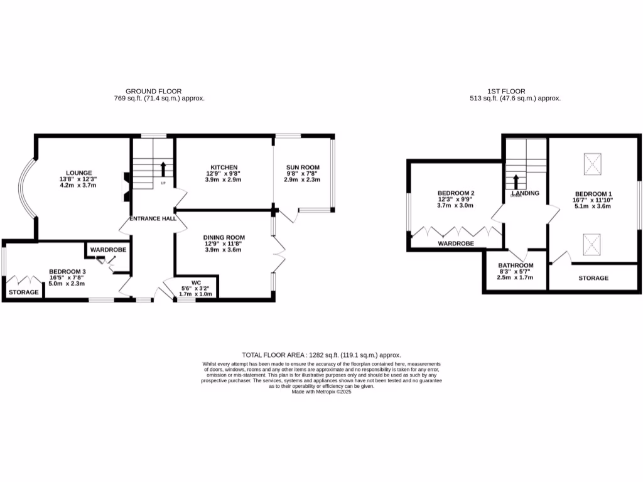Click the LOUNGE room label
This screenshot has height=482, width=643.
[80, 173]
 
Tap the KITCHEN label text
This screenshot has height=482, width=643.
[224, 167]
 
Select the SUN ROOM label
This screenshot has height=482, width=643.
[303, 167]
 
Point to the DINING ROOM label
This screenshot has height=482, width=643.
[224, 237]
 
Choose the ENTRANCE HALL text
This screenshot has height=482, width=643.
[152, 218]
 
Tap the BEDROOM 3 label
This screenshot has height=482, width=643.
[67, 272]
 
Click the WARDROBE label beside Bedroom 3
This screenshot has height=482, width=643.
[108, 250]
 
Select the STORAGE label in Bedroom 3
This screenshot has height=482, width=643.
[23, 292]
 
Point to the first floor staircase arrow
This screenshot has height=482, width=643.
[516, 181]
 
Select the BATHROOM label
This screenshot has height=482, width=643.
[516, 265]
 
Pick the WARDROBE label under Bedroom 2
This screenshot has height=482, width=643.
[456, 243]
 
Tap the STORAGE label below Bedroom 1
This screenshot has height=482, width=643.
[593, 278]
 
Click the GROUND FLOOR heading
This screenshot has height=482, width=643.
[154, 91]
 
